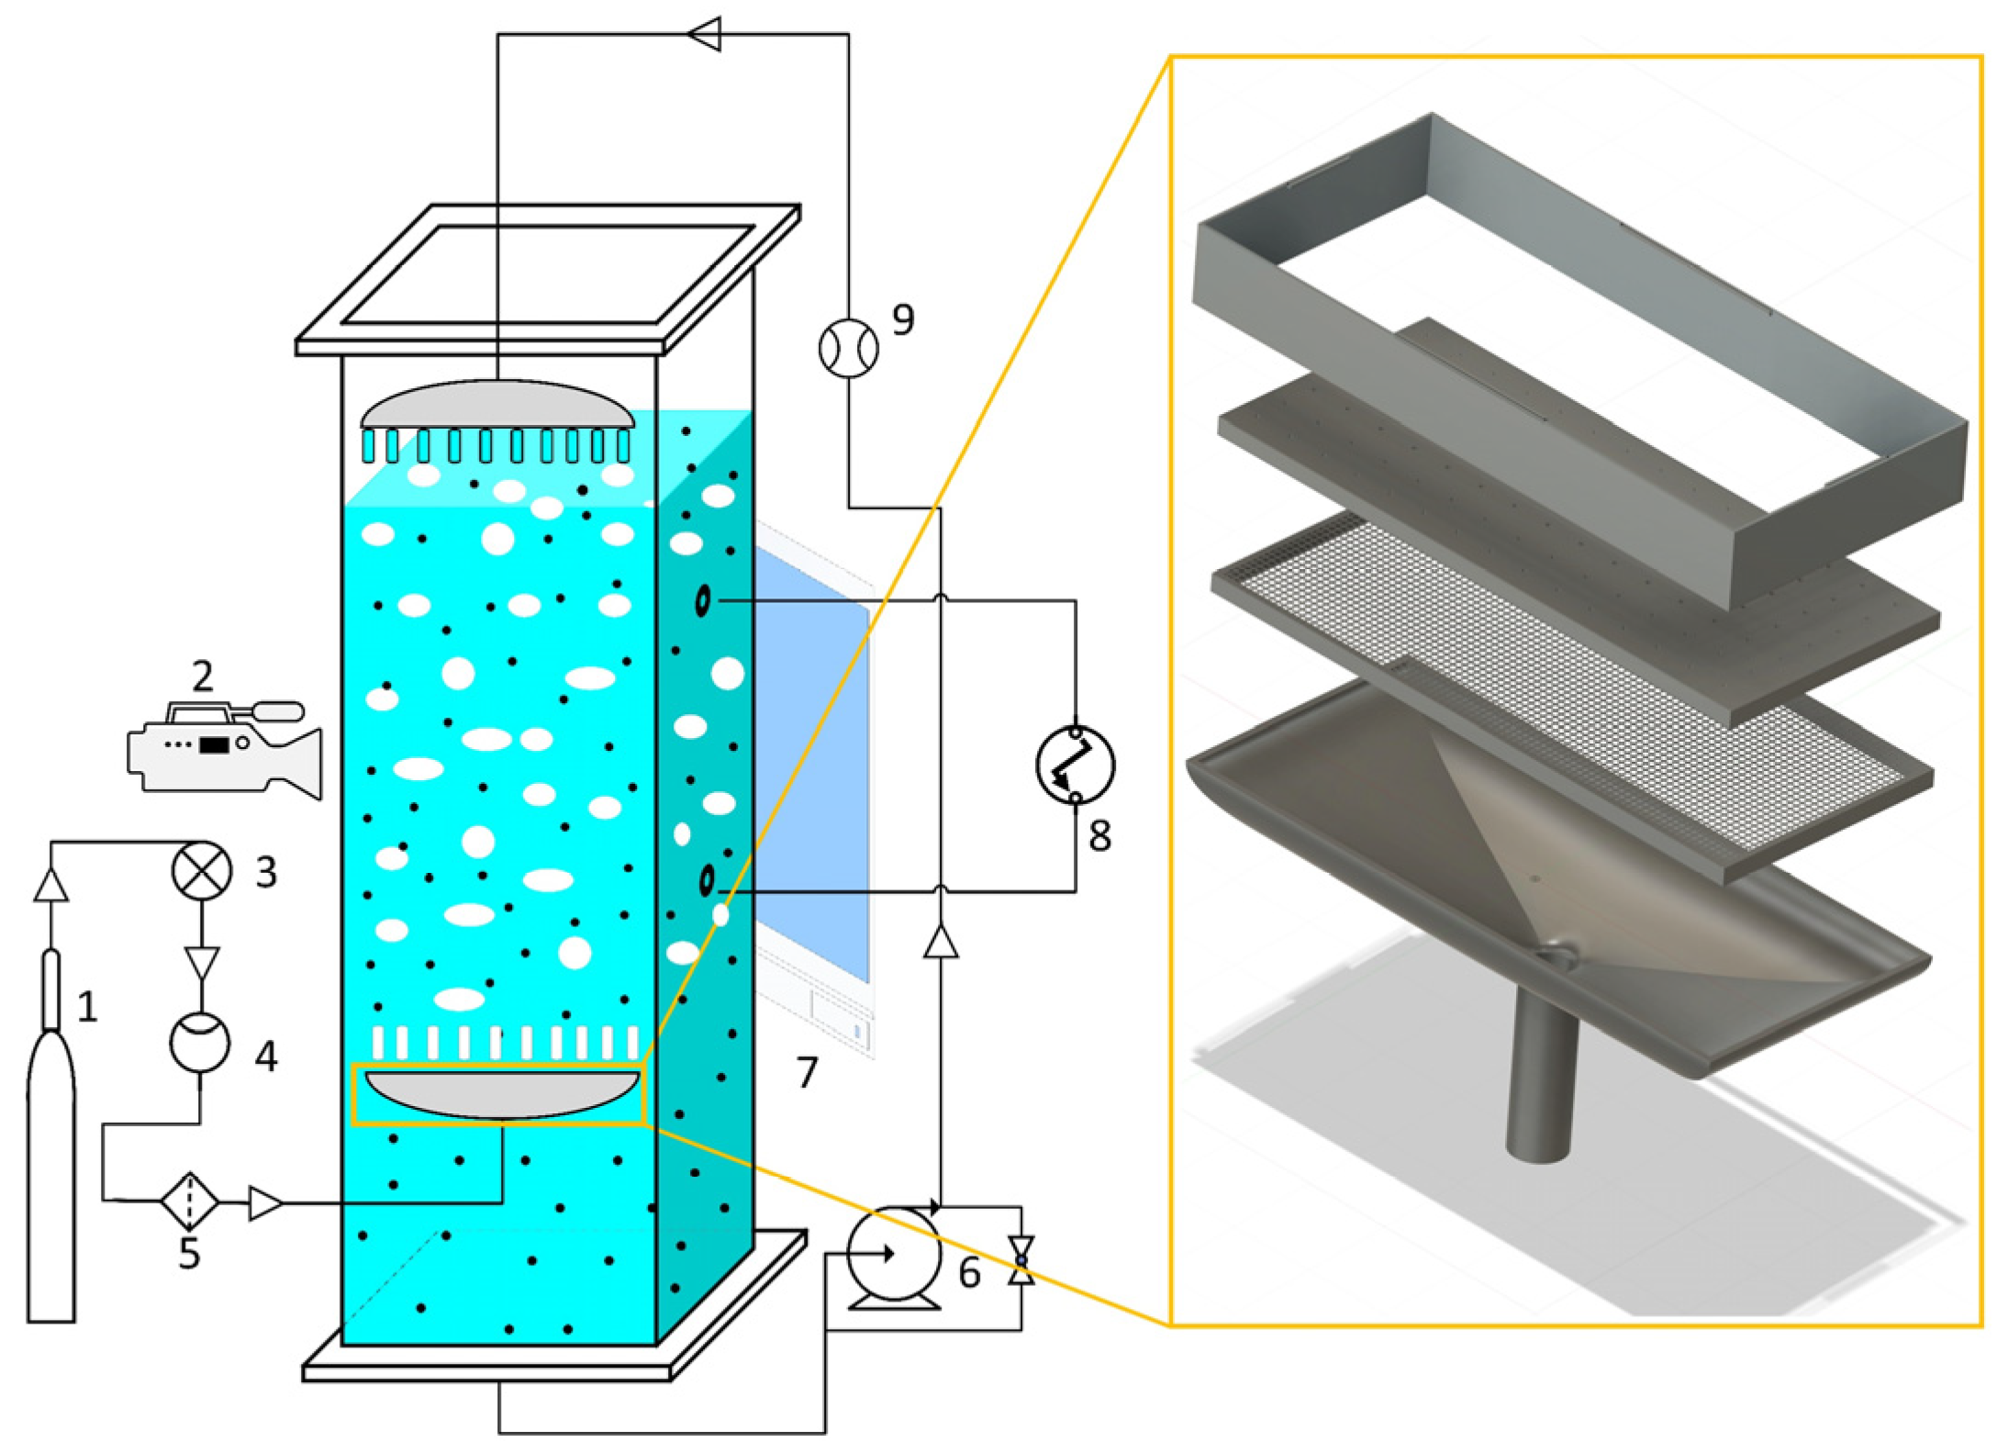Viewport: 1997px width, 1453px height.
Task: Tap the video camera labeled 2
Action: [225, 748]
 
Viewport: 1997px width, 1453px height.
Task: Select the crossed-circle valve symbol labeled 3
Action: [201, 870]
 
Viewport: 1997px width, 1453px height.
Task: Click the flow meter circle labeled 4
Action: [200, 1042]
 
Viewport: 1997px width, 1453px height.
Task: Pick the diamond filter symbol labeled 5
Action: [189, 1201]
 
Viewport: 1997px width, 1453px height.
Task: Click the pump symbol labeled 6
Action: [892, 1254]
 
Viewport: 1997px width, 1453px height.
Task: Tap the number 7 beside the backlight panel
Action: [806, 1072]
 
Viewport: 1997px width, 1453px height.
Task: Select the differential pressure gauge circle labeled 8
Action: [1075, 765]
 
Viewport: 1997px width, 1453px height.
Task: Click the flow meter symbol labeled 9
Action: [848, 348]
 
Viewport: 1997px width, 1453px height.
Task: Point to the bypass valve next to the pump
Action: [1021, 1260]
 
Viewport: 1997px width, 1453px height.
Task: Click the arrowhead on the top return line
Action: [704, 35]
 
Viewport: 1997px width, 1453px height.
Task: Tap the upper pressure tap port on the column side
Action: [702, 601]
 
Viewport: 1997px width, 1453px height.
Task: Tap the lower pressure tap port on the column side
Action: [706, 881]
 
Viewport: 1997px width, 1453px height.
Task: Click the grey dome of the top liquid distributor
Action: [496, 407]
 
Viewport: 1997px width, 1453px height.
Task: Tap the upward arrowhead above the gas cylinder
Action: [50, 886]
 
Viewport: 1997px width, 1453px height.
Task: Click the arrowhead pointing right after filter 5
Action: [265, 1202]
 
